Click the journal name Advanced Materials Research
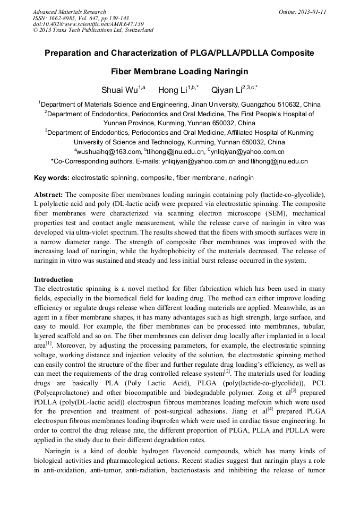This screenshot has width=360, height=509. tap(70, 12)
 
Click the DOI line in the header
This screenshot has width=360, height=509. tap(88, 24)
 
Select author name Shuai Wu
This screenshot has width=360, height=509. tap(119, 89)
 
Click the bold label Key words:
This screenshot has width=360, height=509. tap(52, 177)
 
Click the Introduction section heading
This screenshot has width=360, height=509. tap(54, 279)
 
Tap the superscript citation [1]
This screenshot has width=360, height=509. tap(49, 343)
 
